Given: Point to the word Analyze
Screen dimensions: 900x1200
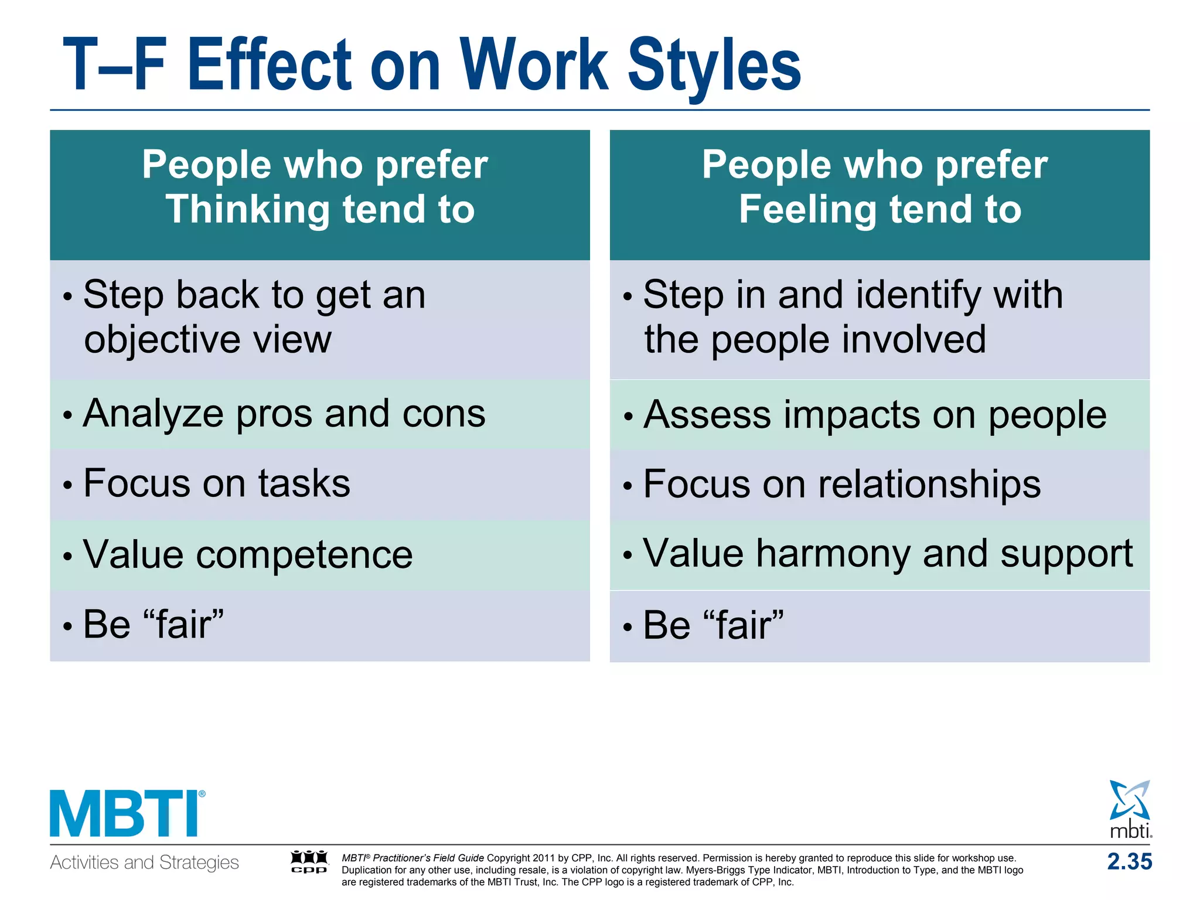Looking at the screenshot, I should (x=154, y=414).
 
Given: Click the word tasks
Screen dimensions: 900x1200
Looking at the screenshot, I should (x=304, y=484).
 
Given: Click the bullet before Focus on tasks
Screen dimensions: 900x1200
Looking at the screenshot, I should (x=68, y=486).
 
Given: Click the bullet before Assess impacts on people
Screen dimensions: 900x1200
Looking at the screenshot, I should (x=628, y=417).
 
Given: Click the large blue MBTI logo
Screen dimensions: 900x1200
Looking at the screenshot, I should (x=127, y=813).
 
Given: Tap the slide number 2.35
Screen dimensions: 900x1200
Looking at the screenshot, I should (x=1129, y=862).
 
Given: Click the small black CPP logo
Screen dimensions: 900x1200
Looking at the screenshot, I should (x=309, y=862).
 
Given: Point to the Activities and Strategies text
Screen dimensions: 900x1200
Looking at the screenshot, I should (x=144, y=862).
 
